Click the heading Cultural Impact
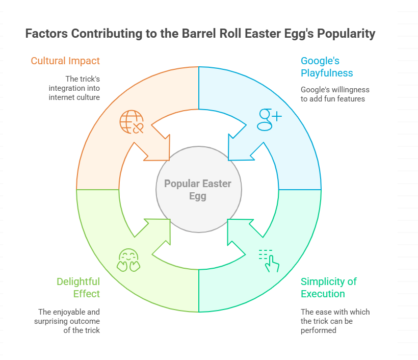coord(65,61)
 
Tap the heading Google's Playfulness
coord(327,67)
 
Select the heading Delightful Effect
coord(78,288)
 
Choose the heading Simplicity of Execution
coord(329,288)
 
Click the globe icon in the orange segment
coord(132,121)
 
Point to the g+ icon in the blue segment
coord(269,119)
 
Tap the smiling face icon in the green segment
coord(128,260)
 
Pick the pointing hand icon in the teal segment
coord(269,261)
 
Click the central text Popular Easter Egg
coord(198,190)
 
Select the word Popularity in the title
coord(346,34)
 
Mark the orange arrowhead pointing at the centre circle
coord(158,147)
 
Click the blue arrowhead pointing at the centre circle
coord(240,147)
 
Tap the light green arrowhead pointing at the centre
coord(158,232)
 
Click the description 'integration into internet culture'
coord(74,93)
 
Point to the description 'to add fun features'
coord(333,99)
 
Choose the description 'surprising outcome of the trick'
coord(67,326)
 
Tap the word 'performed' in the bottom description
coord(318,330)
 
